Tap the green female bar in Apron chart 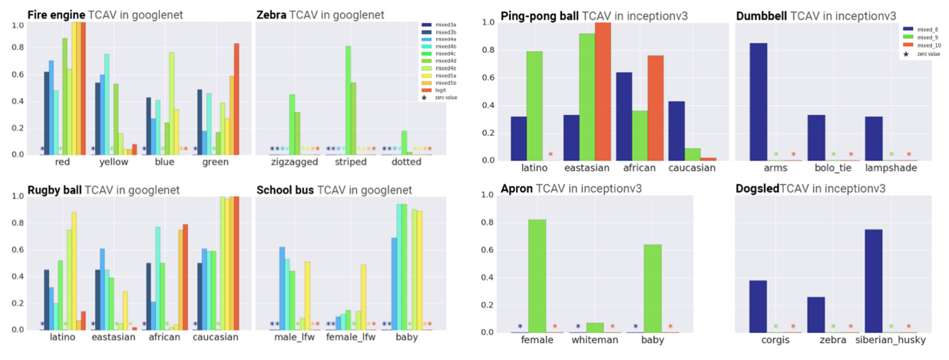tap(537, 276)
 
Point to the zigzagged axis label tap(289, 163)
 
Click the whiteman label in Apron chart tap(594, 340)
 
